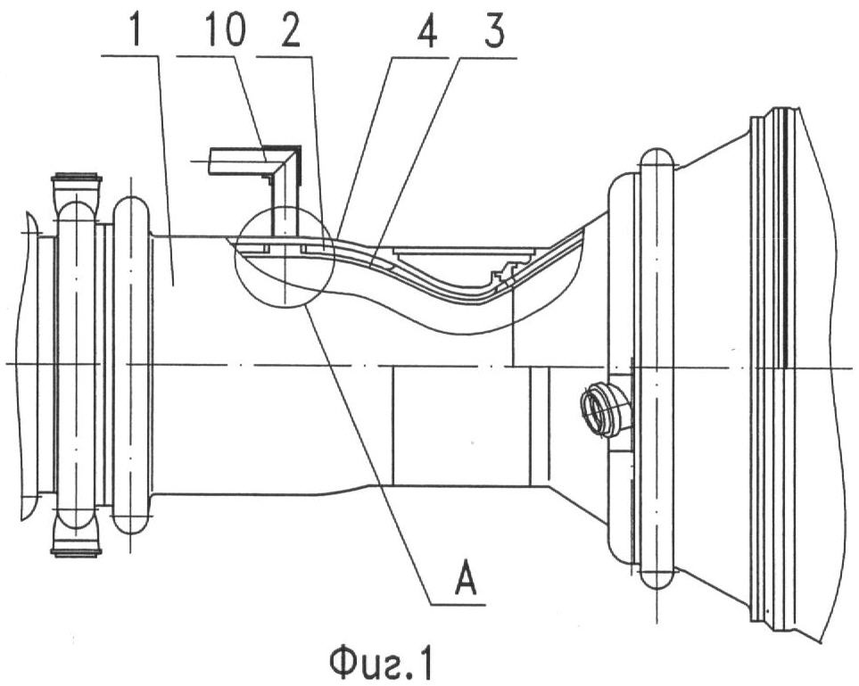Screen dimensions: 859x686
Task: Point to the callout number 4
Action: (425, 31)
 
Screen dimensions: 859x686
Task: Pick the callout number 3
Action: (493, 31)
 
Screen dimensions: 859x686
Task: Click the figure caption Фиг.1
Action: (381, 664)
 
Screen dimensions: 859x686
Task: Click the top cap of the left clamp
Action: (76, 186)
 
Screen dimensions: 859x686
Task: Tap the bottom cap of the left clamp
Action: (76, 539)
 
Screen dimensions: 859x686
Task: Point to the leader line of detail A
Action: (368, 455)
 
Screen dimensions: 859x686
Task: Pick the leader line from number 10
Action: (252, 108)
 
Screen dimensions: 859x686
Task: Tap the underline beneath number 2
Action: (285, 55)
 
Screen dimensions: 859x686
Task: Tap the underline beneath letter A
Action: (458, 604)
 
